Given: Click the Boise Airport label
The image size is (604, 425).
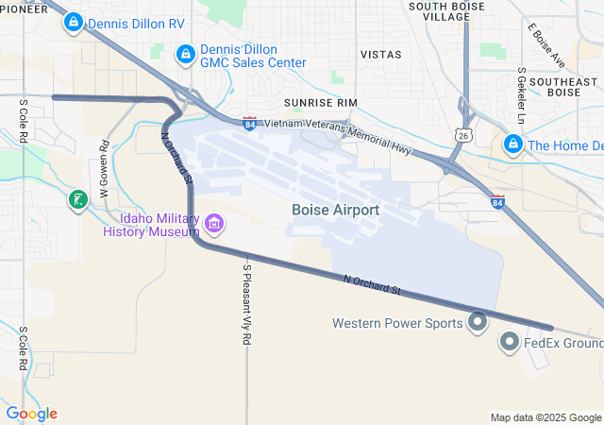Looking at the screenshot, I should point(336,210).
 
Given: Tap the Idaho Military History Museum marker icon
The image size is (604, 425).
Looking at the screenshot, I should point(214,224).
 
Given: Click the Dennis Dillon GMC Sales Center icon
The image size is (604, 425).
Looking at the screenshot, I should point(186,55).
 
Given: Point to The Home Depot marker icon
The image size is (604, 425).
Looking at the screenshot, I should point(513,144).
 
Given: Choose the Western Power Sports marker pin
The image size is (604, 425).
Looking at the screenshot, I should point(478,323).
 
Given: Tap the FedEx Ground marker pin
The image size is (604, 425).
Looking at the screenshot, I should point(511,342).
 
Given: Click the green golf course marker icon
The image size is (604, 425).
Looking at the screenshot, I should point(77,199).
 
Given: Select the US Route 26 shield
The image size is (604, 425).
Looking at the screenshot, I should point(462,136).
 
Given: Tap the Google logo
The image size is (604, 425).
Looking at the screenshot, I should point(32,414).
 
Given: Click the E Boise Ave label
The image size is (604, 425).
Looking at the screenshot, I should point(546,45).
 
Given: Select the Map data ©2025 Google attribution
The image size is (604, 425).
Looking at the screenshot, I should point(545,417).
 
